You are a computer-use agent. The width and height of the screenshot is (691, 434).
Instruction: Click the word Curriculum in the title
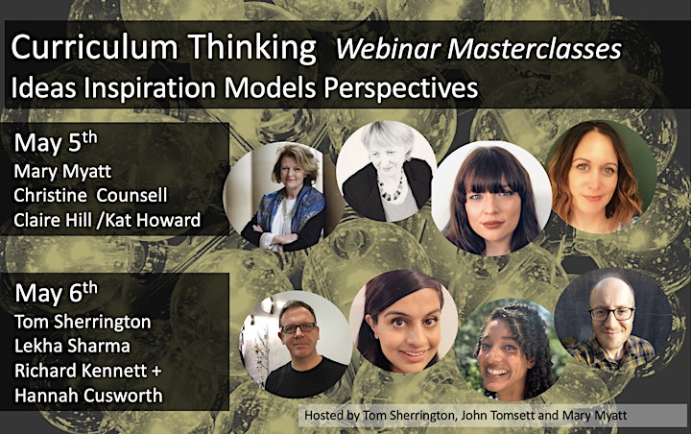point(95,47)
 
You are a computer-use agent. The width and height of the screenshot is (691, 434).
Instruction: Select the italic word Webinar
point(389,49)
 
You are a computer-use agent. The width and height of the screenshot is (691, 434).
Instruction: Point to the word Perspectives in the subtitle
point(401,87)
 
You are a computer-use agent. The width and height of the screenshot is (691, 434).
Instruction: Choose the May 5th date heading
point(56,142)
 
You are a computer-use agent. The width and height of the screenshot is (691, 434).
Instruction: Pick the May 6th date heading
point(56,293)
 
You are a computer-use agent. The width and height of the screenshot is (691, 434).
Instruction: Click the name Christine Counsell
point(90,195)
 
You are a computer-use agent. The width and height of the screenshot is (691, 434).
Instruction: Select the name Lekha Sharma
point(72,346)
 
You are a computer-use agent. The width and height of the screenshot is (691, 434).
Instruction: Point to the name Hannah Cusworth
point(88,396)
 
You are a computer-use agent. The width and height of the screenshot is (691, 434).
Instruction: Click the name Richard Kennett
point(81,371)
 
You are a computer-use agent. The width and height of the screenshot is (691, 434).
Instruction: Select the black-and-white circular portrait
point(385,171)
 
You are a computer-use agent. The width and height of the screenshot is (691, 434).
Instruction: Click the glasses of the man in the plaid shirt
point(612,314)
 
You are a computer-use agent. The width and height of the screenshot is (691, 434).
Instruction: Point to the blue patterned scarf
point(291,206)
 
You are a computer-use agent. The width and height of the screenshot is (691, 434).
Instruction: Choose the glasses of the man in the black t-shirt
point(298,328)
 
